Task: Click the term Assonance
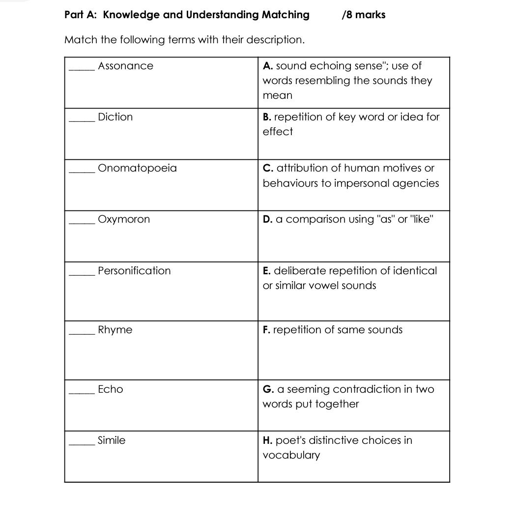pos(125,66)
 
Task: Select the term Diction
pos(115,117)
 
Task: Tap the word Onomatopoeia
pos(137,168)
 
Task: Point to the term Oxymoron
pos(124,219)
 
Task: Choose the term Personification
pos(134,271)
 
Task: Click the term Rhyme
pos(115,330)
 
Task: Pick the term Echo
pos(111,389)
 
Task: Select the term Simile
pos(112,440)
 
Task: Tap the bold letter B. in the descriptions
pos(267,117)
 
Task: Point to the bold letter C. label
pos(268,168)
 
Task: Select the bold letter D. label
pos(268,219)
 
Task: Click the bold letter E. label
pos(267,271)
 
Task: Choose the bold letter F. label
pos(266,330)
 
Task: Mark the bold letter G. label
pos(268,389)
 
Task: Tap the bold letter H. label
pos(268,440)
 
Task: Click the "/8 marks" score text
pos(363,15)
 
